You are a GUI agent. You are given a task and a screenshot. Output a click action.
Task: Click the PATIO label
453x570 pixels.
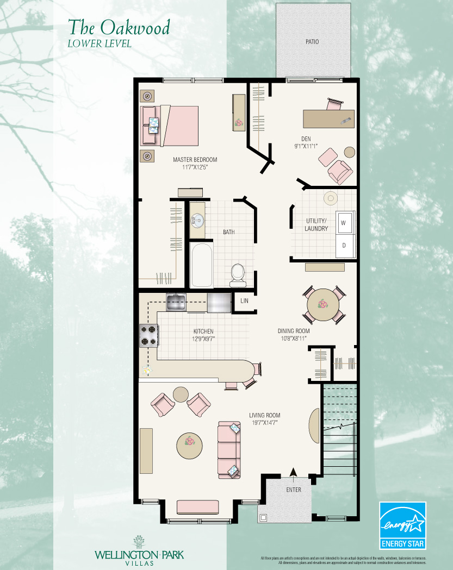coord(312,42)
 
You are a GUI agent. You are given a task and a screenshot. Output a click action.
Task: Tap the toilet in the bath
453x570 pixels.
coord(238,274)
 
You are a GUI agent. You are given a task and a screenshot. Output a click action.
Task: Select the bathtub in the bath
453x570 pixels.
coord(201,266)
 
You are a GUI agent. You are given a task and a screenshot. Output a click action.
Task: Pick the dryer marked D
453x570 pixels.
coord(344,245)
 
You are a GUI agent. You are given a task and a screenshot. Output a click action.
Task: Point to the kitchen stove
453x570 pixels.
coord(148,335)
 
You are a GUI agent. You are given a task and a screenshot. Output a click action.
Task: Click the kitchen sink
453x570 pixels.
coord(176,302)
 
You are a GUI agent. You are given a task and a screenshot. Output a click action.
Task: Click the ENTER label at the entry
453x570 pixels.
coord(293,490)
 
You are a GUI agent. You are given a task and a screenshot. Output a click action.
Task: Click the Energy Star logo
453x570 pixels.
coord(402,525)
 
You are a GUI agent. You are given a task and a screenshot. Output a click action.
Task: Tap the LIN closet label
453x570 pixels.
coord(245,300)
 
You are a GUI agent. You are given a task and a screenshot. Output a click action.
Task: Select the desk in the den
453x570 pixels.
coord(328,118)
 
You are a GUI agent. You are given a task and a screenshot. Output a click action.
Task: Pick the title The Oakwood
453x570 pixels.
coord(119,27)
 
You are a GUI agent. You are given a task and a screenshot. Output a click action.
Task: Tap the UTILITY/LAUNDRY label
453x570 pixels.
coord(317,225)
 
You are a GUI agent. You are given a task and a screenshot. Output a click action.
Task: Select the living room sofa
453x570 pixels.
coord(228,449)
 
